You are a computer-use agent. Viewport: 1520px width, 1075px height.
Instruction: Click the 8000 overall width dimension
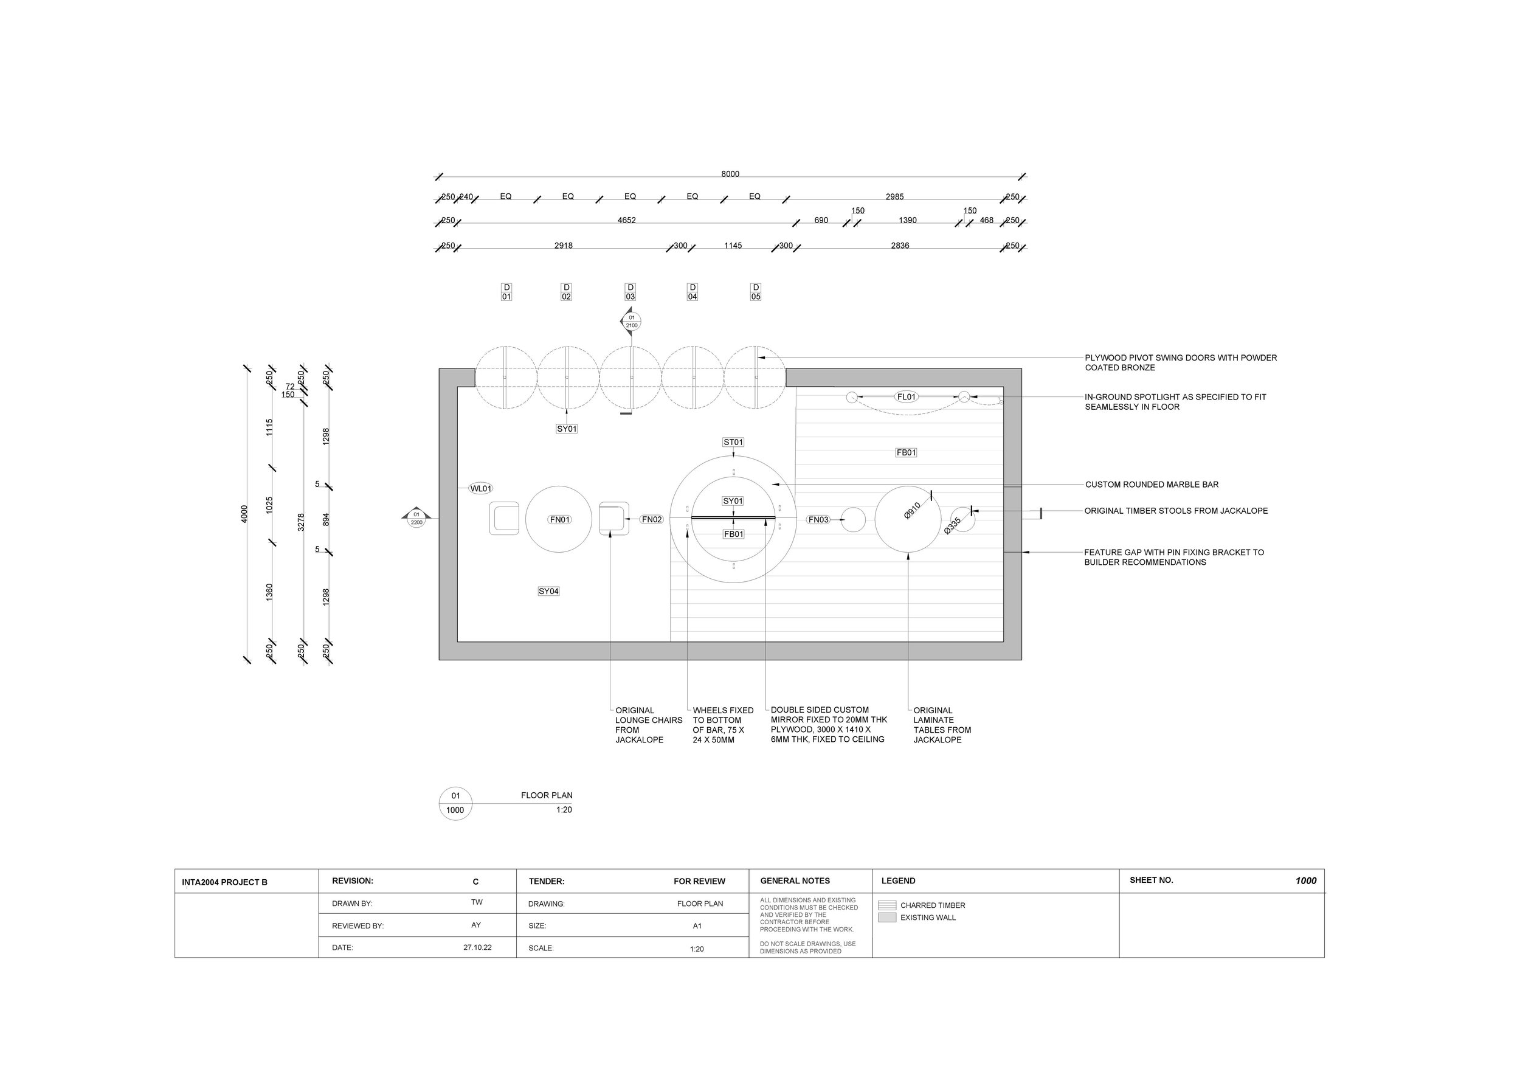pyautogui.click(x=730, y=174)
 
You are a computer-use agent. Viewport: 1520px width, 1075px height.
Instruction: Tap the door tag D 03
pyautogui.click(x=630, y=292)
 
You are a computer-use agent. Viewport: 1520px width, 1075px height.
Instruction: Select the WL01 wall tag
pyautogui.click(x=481, y=488)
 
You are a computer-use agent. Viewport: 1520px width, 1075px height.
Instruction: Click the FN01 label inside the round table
pyautogui.click(x=560, y=520)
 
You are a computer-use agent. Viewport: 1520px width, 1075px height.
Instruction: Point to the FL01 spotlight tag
pyautogui.click(x=907, y=397)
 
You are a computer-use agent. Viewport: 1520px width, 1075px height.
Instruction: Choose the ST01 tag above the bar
pyautogui.click(x=733, y=442)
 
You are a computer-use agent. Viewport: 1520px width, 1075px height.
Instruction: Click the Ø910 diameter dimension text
pyautogui.click(x=912, y=510)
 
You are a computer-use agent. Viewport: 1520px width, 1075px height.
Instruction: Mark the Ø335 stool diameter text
pyautogui.click(x=952, y=525)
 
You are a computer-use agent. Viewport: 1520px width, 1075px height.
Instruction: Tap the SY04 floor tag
pyautogui.click(x=548, y=591)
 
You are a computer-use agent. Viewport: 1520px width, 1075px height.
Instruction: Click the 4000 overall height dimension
pyautogui.click(x=244, y=514)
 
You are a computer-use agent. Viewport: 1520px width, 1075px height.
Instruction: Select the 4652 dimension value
pyautogui.click(x=626, y=221)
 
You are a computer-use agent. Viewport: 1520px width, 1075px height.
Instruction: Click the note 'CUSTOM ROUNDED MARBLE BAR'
pyautogui.click(x=1152, y=485)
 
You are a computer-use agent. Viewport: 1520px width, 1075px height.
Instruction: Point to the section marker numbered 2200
pyautogui.click(x=416, y=518)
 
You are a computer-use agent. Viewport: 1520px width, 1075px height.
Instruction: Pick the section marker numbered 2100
pyautogui.click(x=631, y=322)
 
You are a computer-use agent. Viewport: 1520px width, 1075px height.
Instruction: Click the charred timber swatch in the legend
pyautogui.click(x=886, y=905)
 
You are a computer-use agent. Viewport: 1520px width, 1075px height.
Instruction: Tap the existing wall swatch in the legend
pyautogui.click(x=886, y=918)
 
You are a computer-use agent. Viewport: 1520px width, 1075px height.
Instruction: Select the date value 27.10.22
pyautogui.click(x=477, y=947)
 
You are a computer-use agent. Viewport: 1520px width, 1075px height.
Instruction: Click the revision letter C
pyautogui.click(x=475, y=882)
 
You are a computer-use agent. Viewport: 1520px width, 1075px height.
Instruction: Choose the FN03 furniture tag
pyautogui.click(x=818, y=520)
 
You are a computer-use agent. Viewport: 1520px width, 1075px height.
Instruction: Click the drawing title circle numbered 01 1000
pyautogui.click(x=455, y=803)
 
